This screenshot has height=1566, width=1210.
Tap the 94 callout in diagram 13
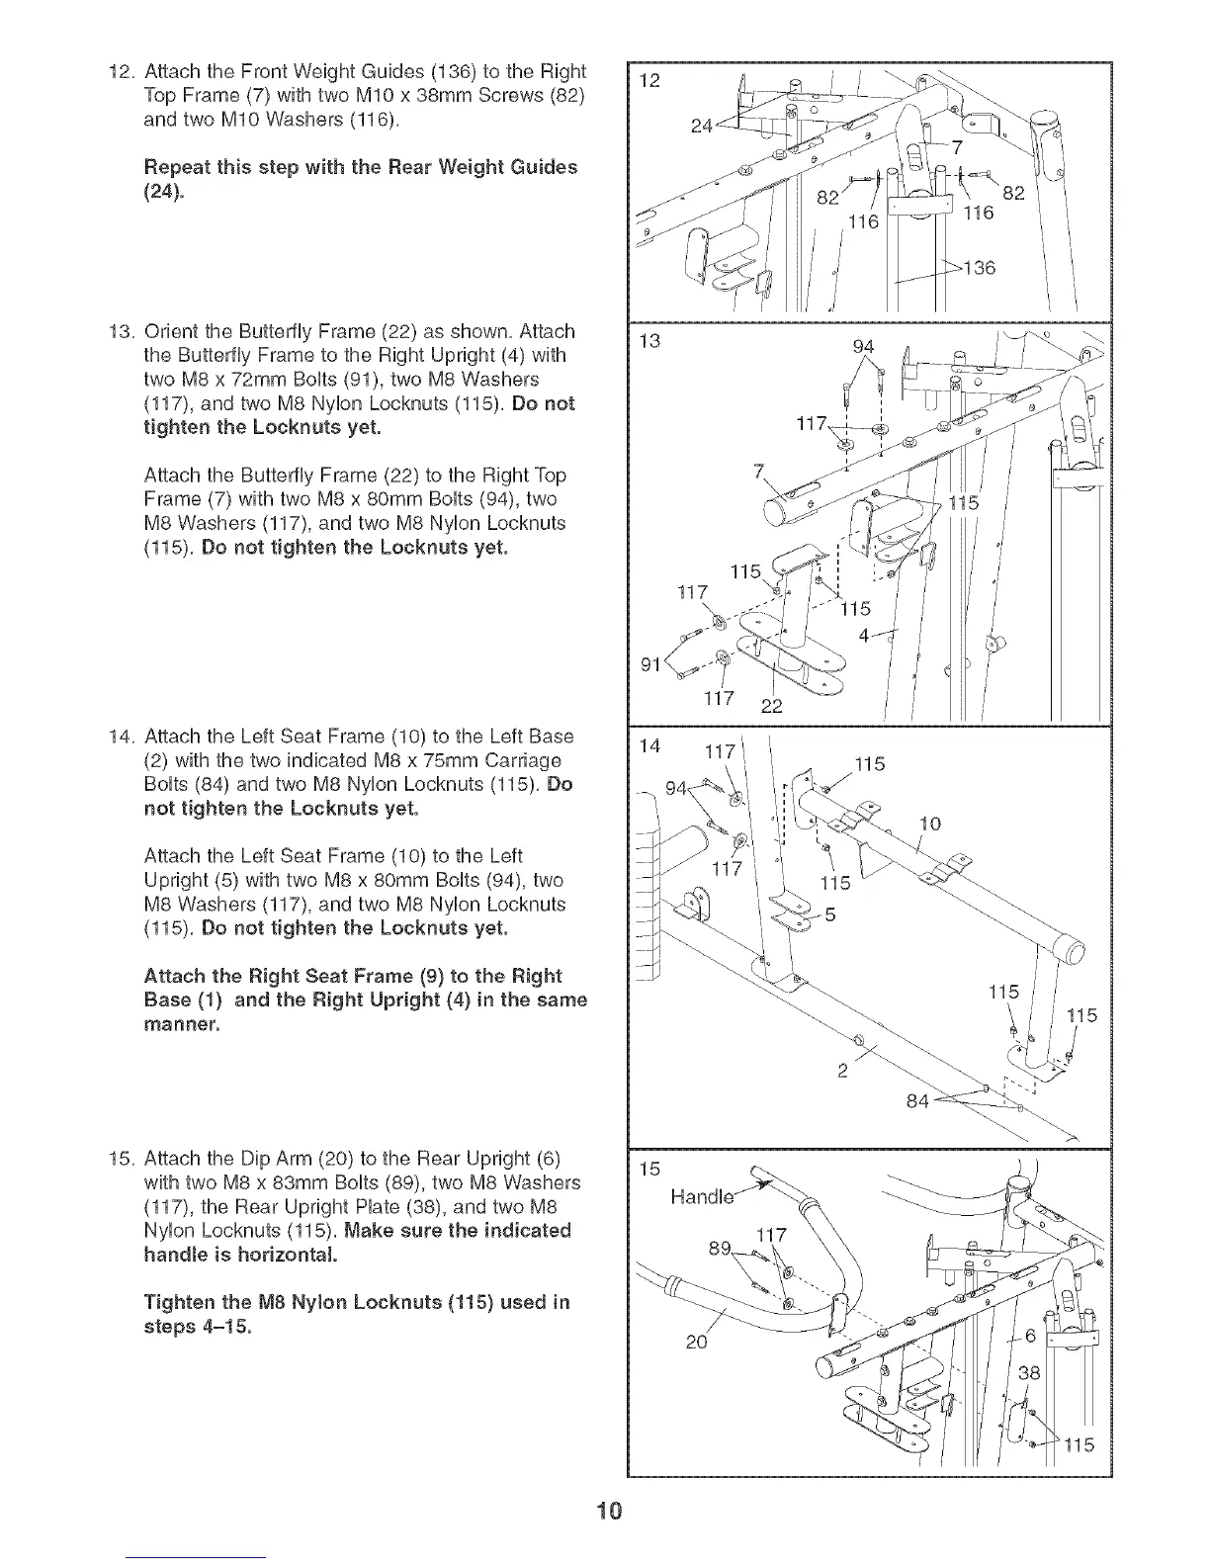863,346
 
